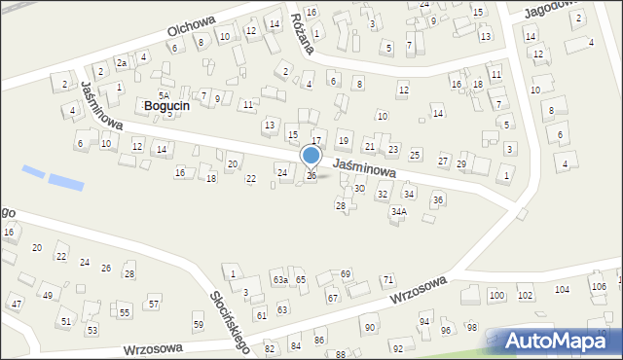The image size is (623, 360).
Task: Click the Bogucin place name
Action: tap(165, 105)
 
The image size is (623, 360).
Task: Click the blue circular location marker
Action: tap(311, 156)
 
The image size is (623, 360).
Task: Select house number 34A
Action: tap(398, 211)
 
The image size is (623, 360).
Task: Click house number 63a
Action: tap(279, 280)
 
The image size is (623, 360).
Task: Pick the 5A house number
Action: tap(165, 95)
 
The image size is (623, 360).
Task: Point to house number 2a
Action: tap(122, 63)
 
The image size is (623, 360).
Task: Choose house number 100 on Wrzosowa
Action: tap(496, 295)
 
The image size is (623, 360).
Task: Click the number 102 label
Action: tap(526, 295)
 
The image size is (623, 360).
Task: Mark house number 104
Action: tap(562, 290)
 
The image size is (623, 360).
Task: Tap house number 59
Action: tap(199, 324)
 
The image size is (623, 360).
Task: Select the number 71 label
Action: tap(387, 280)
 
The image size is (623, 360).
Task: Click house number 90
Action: tap(370, 327)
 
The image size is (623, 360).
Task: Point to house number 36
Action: tap(438, 200)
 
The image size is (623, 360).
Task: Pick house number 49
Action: tap(47, 295)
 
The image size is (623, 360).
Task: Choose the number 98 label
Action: tap(472, 327)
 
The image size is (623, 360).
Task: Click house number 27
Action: tap(443, 161)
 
